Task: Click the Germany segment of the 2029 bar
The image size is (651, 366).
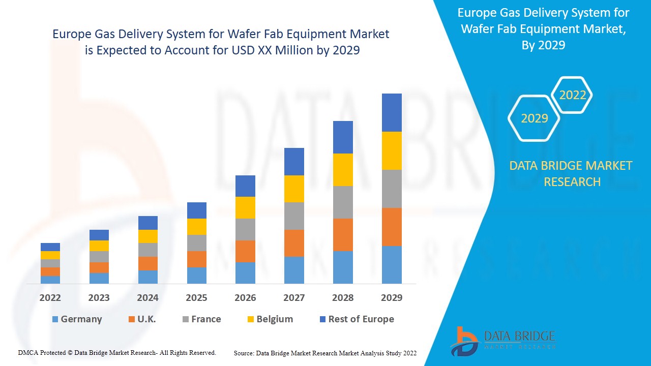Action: click(x=392, y=264)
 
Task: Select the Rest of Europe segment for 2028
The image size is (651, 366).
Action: click(x=343, y=137)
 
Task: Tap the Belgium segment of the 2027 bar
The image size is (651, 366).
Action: click(x=294, y=189)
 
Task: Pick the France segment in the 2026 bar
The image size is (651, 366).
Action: click(x=245, y=229)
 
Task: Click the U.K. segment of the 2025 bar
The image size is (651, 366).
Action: click(x=197, y=259)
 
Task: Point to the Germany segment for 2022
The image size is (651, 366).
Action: click(x=50, y=280)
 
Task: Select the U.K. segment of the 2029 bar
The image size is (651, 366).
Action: click(x=392, y=227)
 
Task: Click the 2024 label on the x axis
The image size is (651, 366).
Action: click(x=147, y=298)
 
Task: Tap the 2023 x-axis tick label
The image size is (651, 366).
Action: click(x=99, y=298)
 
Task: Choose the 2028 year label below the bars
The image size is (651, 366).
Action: click(x=343, y=298)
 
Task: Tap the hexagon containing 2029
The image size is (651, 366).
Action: click(x=534, y=118)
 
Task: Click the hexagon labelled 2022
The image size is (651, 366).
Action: click(x=573, y=95)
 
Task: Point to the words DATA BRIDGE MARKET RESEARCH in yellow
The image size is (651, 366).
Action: click(x=572, y=173)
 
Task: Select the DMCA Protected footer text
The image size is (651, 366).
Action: click(x=117, y=352)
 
